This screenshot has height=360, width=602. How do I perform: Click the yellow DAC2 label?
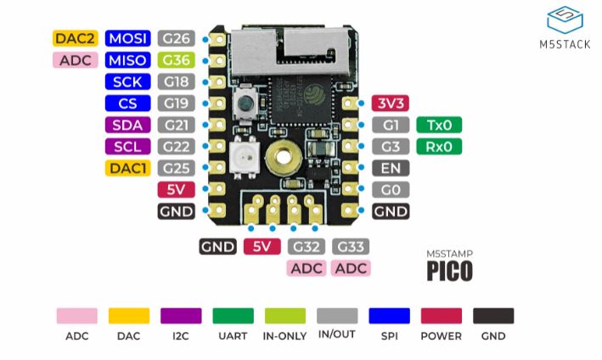[x=76, y=38]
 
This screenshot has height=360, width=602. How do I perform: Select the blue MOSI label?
[x=128, y=38]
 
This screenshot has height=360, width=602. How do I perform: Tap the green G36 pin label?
[x=177, y=60]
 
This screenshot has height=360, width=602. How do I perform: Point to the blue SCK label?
[x=128, y=82]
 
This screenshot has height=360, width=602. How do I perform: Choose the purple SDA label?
[x=128, y=125]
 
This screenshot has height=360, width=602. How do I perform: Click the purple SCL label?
[x=128, y=146]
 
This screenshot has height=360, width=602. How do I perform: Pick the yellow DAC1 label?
[x=128, y=167]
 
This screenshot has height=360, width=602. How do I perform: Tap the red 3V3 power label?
[x=390, y=104]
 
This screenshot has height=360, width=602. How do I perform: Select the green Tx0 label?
[x=439, y=125]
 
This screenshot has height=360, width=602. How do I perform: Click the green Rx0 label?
[x=439, y=146]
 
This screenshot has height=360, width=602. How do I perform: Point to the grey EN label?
[x=390, y=167]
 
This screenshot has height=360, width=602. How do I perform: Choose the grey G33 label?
[x=351, y=247]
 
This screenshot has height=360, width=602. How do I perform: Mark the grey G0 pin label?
[x=390, y=189]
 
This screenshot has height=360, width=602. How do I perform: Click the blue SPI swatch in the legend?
[x=389, y=315]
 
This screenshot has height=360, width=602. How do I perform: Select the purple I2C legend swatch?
[x=181, y=315]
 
